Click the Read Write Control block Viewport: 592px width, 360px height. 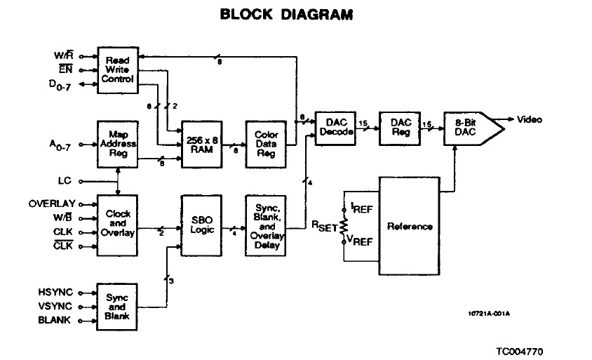click(118, 70)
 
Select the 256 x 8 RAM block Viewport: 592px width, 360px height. click(202, 145)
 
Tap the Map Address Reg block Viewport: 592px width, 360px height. click(118, 145)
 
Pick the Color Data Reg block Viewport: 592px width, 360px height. click(266, 145)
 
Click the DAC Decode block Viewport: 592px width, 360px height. click(335, 128)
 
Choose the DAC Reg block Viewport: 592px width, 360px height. click(400, 128)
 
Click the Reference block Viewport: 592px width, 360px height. click(410, 226)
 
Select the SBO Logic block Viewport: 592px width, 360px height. click(201, 225)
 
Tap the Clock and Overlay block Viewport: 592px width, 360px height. click(117, 225)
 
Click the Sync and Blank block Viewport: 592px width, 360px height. click(117, 307)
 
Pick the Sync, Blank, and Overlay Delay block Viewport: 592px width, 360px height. click(266, 225)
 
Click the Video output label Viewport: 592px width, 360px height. click(530, 120)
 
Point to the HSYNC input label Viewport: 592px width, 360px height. click(55, 293)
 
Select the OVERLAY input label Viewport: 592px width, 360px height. click(52, 204)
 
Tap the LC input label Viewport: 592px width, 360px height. click(65, 180)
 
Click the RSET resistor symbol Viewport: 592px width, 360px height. click(344, 226)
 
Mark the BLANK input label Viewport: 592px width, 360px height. click(55, 320)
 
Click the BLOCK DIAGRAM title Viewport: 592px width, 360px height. click(287, 14)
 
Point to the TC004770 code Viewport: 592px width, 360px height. click(520, 352)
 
